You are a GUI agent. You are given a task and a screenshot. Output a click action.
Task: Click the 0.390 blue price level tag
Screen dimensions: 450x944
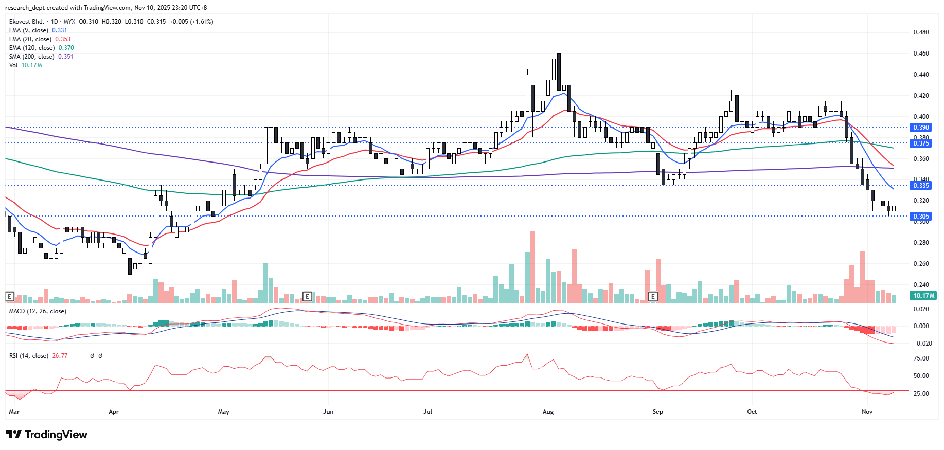point(920,128)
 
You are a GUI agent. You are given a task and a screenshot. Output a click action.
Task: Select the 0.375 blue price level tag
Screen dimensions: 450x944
point(920,143)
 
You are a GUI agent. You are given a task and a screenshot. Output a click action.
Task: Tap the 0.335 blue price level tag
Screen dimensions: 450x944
point(920,186)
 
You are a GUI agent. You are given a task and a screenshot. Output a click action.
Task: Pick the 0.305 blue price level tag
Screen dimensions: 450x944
point(920,217)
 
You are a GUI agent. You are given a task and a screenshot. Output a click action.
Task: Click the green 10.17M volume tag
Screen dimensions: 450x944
point(923,296)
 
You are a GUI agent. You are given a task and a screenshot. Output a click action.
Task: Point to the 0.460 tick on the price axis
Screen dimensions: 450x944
point(921,53)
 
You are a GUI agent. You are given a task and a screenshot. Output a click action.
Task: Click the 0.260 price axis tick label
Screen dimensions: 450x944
point(921,264)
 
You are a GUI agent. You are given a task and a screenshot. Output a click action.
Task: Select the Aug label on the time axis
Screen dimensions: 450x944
point(548,412)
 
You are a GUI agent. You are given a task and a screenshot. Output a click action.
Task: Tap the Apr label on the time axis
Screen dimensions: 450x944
point(114,412)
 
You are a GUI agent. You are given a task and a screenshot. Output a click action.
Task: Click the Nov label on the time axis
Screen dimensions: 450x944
point(867,412)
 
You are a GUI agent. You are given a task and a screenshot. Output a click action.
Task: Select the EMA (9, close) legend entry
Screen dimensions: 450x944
point(29,30)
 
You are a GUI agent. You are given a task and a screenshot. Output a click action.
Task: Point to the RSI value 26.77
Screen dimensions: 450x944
point(60,356)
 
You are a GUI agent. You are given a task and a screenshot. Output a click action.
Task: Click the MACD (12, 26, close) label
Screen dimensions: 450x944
point(38,311)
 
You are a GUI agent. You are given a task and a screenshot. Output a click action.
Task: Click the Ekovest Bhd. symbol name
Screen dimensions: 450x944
point(27,22)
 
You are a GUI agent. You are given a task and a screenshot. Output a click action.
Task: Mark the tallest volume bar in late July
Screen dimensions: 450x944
point(532,267)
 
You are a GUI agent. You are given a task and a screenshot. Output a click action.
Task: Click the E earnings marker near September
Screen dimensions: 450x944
point(653,296)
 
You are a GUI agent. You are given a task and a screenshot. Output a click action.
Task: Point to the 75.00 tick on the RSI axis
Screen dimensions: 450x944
point(921,358)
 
